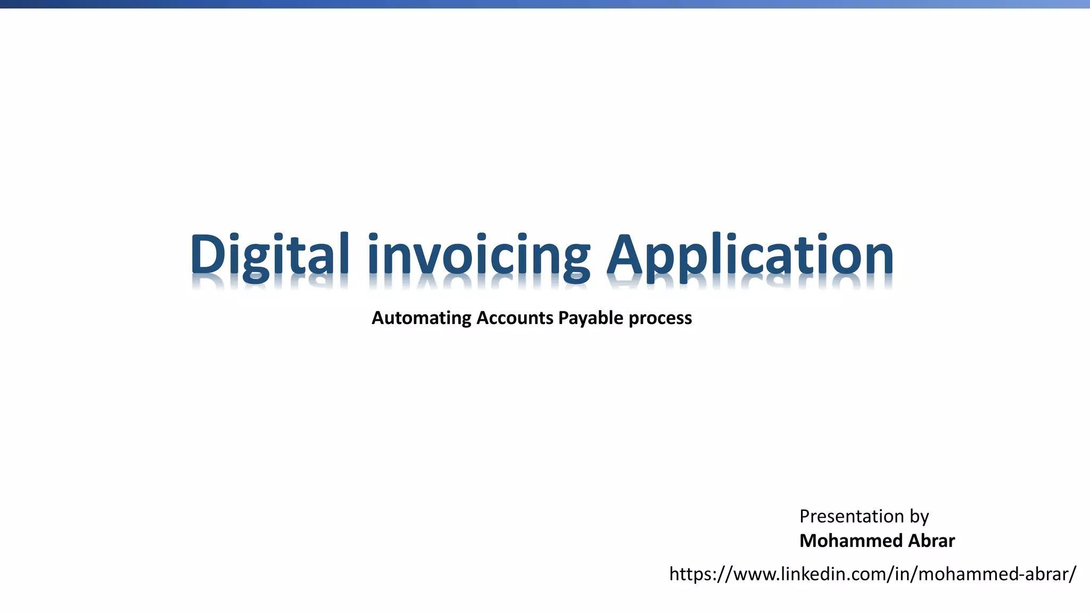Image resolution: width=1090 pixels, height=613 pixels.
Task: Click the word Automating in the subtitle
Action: tap(421, 318)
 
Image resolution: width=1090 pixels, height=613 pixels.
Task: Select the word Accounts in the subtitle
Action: tap(515, 318)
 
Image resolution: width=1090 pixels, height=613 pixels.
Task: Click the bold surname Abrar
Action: tap(931, 541)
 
